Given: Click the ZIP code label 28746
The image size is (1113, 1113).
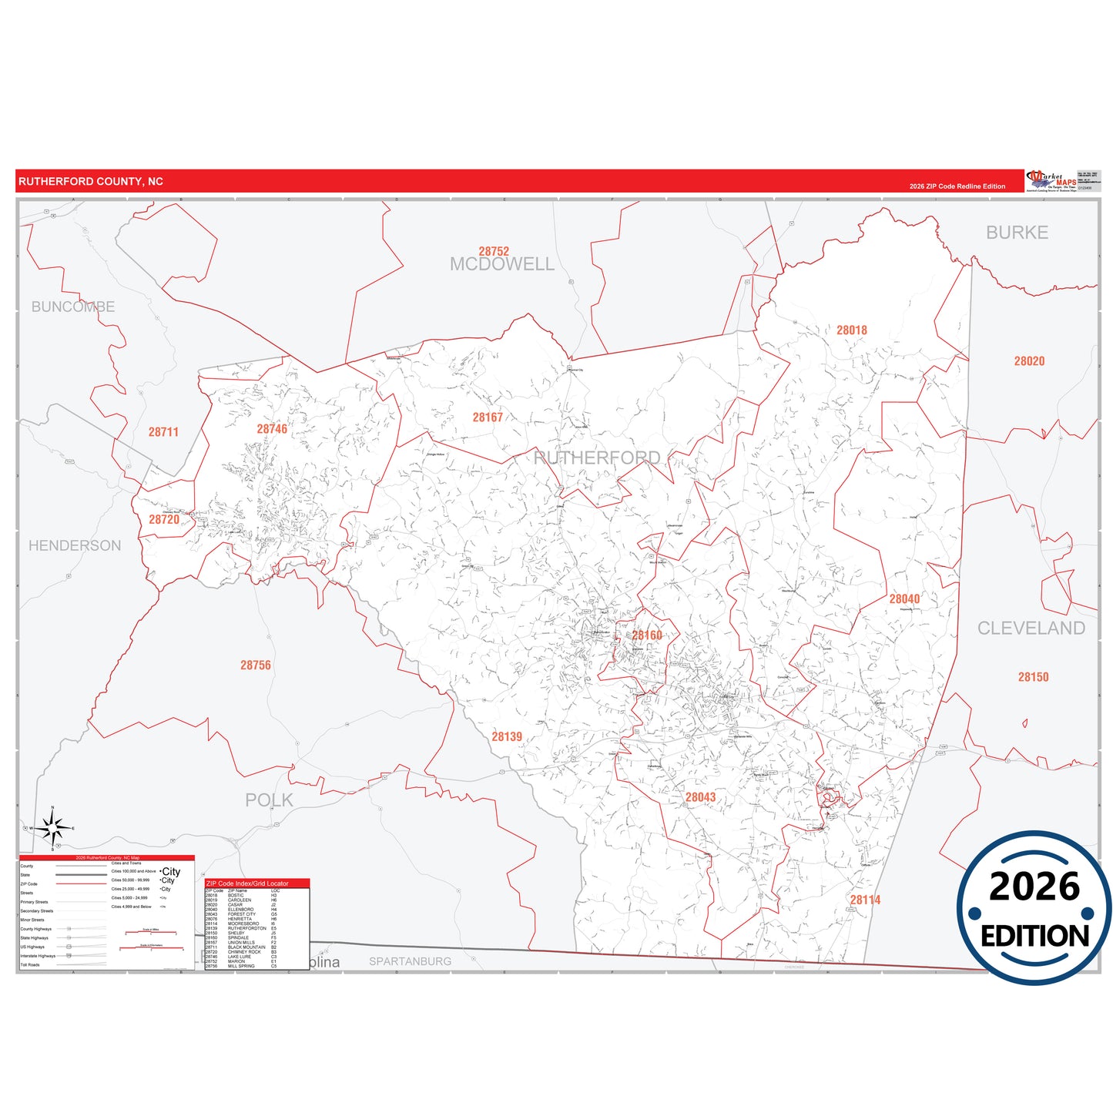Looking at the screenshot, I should click(x=272, y=429).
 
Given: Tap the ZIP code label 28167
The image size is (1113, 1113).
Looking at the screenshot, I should click(x=488, y=417).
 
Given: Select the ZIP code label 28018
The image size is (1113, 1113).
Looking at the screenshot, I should click(x=852, y=330).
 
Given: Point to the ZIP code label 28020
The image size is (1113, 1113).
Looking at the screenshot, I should click(x=1029, y=361).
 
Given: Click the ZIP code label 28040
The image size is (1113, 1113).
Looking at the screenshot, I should click(x=904, y=598).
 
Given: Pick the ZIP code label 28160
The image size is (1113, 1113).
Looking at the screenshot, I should click(x=647, y=635).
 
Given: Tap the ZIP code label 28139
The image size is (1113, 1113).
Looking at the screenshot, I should click(x=507, y=737).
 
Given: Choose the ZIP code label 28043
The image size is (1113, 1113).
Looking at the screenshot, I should click(x=700, y=797).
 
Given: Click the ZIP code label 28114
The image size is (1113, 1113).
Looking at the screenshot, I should click(x=865, y=900).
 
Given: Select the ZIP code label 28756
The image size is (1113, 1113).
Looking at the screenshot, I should click(x=256, y=665).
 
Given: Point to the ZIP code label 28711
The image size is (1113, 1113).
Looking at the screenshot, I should click(x=163, y=432).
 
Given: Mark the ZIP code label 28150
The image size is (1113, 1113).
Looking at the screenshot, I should click(x=1033, y=677).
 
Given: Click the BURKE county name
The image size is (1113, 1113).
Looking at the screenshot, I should click(x=1017, y=233).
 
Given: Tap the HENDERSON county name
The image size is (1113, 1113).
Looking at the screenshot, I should click(x=75, y=545).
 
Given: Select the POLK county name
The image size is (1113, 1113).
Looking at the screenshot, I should click(x=269, y=800).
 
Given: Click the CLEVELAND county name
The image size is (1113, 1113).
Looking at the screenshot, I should click(x=1031, y=629).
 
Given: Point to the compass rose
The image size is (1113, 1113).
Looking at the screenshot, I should click(x=52, y=829).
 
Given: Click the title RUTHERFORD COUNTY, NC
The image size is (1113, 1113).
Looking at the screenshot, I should click(x=91, y=182).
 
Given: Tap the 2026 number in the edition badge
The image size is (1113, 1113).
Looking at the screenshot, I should click(x=1034, y=887).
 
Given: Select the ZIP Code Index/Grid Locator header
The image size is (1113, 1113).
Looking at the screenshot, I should click(x=247, y=883).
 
